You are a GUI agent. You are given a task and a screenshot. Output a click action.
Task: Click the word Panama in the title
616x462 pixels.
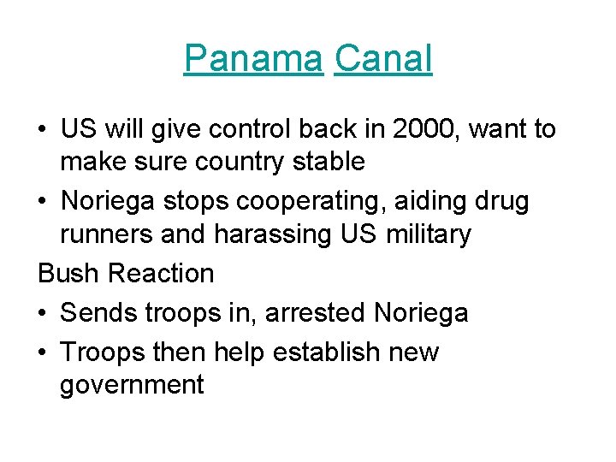coord(253,59)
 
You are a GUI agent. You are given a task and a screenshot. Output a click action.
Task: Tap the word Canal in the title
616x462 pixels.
coord(383,59)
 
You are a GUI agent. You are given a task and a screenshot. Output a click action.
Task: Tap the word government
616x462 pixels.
coord(132,385)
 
